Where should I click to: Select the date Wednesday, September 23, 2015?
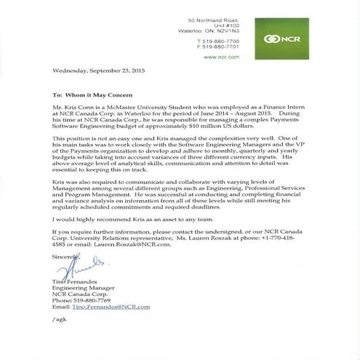(95, 72)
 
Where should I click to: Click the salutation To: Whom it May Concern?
(92, 95)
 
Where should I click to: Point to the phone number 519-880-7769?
(92, 300)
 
